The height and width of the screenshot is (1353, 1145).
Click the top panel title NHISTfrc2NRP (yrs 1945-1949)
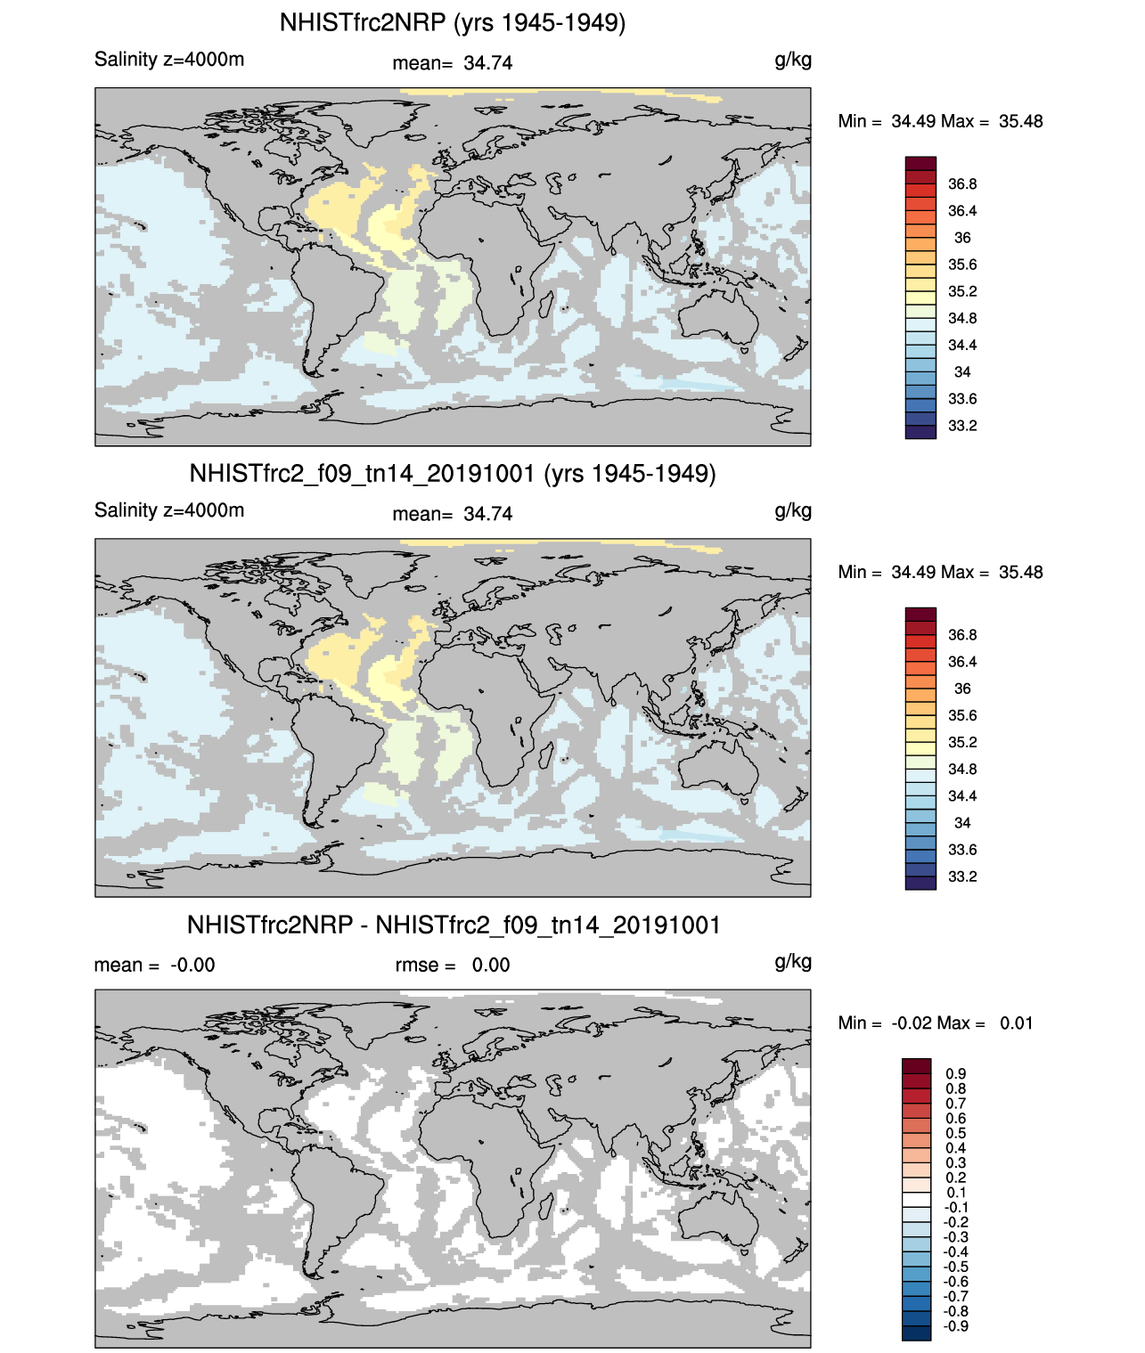point(453,22)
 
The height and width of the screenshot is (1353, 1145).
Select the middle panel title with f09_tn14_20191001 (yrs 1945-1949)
point(453,473)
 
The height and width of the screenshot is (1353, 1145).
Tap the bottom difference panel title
point(454,925)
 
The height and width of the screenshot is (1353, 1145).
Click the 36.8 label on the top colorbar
point(962,184)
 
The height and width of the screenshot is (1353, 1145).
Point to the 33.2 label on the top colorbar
point(962,426)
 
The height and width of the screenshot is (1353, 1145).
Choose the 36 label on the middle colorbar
point(962,689)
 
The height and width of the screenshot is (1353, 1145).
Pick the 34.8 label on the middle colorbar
point(962,770)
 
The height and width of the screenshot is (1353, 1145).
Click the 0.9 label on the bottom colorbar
point(956,1074)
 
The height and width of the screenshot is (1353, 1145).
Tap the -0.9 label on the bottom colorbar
point(956,1326)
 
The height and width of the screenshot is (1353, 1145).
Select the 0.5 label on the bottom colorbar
point(956,1133)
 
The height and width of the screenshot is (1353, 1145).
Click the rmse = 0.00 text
point(453,966)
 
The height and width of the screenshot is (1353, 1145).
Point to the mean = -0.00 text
point(154,966)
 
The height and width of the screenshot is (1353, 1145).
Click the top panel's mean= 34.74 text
point(453,63)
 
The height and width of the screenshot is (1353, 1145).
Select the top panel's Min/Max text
point(940,121)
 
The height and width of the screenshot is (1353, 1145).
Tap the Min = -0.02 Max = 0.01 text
point(936,1023)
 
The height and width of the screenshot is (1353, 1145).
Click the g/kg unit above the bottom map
point(793,961)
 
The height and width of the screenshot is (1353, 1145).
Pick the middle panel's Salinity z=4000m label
point(169,510)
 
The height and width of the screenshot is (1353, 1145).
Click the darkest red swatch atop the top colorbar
point(920,164)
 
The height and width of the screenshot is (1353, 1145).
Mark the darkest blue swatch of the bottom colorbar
point(916,1333)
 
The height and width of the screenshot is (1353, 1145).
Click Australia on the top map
point(717,316)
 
